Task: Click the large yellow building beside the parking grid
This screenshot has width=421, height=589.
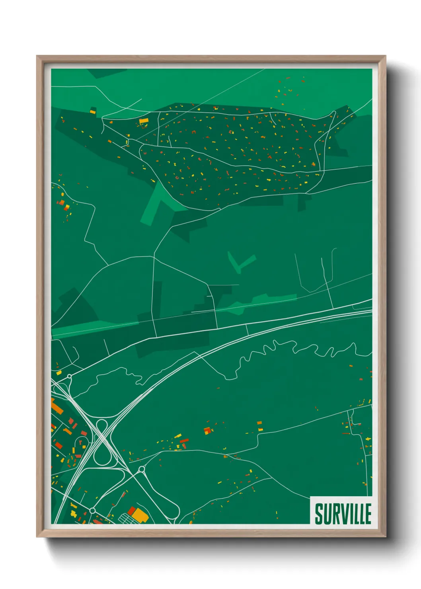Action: tap(140, 515)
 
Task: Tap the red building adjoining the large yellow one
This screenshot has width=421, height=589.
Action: tap(132, 510)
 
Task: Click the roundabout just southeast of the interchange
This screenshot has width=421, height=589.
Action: tap(141, 470)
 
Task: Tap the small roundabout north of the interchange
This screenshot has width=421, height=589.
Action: tap(70, 376)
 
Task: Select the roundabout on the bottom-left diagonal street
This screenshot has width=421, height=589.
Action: tap(92, 510)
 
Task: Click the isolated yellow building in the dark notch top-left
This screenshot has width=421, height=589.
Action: tap(93, 111)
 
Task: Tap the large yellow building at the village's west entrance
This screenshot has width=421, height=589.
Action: tap(144, 120)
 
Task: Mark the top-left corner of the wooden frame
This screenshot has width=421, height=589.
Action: tap(37, 56)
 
